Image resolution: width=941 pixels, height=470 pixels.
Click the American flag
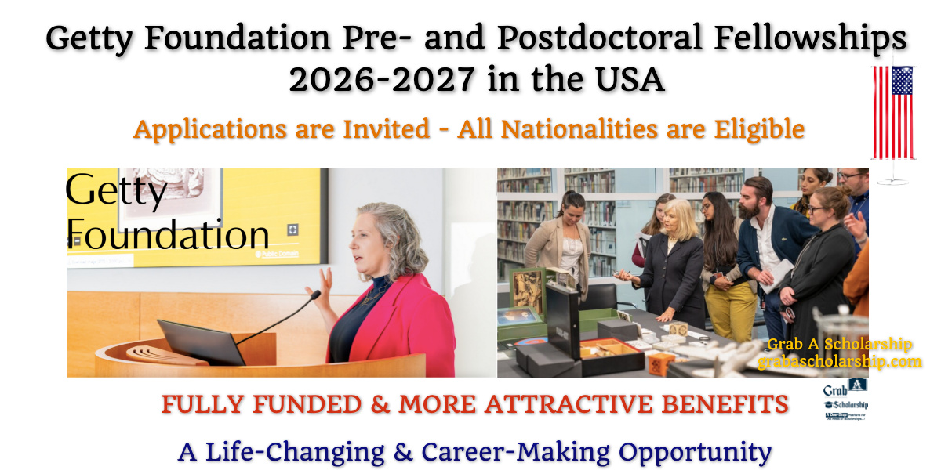point(893,113)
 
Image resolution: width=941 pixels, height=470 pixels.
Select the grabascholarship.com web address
point(839,361)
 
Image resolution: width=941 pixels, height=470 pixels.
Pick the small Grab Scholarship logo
point(847,400)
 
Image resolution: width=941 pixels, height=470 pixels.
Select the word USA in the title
point(627,79)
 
